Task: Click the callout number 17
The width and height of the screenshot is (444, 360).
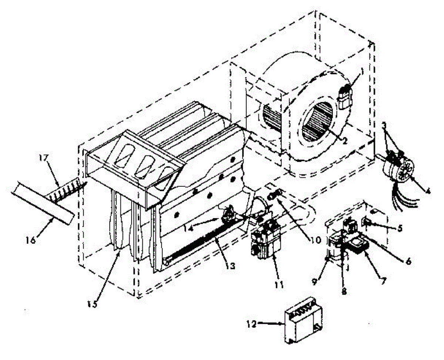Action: tap(44, 158)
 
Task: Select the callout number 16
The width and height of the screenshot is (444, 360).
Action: tap(31, 240)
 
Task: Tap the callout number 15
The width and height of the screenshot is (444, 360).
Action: tap(92, 304)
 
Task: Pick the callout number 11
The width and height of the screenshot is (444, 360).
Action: tap(279, 285)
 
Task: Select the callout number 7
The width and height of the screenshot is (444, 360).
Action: tap(383, 281)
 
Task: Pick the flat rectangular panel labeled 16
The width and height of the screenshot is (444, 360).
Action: tap(43, 203)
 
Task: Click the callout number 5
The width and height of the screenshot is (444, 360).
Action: tap(400, 228)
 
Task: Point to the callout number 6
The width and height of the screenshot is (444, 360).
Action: tap(409, 261)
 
